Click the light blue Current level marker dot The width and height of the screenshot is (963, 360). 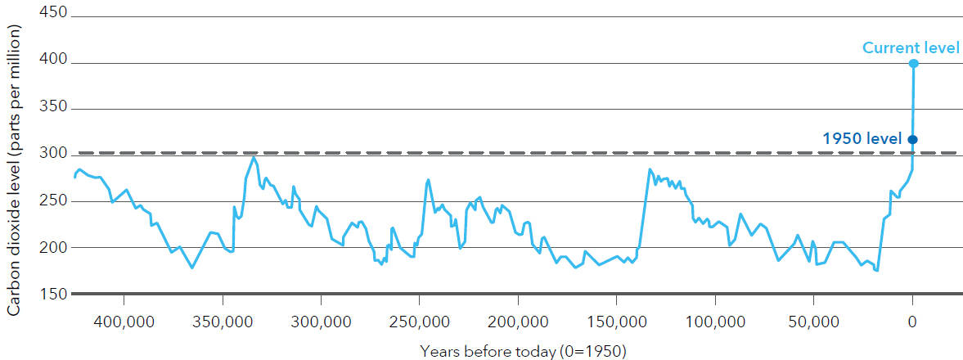click(x=913, y=63)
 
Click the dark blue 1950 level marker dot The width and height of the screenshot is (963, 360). click(x=913, y=139)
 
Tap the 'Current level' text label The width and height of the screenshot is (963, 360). click(x=911, y=48)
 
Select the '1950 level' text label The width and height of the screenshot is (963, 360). click(x=862, y=138)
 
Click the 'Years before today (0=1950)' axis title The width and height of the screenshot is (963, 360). click(x=523, y=351)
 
